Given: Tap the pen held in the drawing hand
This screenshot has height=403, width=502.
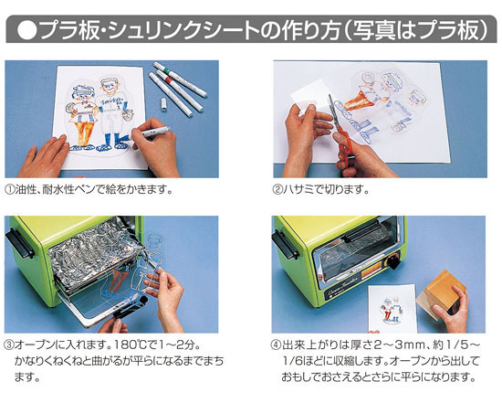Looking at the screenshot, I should coord(152,137).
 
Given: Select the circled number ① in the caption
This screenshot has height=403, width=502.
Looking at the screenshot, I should coord(11,189).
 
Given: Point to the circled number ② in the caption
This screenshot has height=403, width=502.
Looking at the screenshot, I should coord(278,189).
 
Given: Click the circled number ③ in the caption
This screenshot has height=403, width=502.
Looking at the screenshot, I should coord(11,345).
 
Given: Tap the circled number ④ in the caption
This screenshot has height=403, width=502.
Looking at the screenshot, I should coord(278,345).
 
